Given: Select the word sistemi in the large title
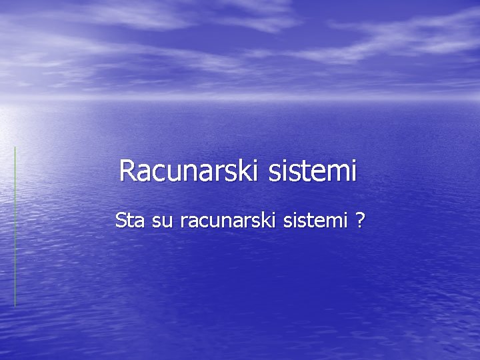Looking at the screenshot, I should [313, 171].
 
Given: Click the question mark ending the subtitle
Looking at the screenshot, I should [360, 219].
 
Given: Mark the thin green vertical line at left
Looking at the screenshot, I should [15, 227].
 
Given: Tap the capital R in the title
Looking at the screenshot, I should [127, 171].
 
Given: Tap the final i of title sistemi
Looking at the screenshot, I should [353, 171].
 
